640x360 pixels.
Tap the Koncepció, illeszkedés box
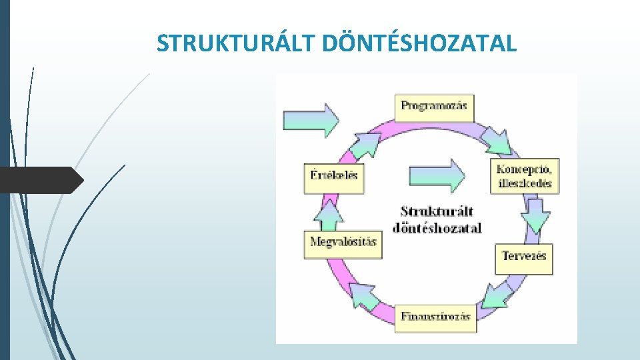(x=524, y=175)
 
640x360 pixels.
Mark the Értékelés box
(x=335, y=177)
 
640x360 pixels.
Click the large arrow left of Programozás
(x=311, y=120)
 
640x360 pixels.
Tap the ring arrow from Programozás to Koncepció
(x=496, y=140)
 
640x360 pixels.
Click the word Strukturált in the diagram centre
(x=437, y=211)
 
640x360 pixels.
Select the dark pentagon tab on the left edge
(x=41, y=180)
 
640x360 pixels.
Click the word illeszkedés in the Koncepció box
(x=524, y=183)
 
